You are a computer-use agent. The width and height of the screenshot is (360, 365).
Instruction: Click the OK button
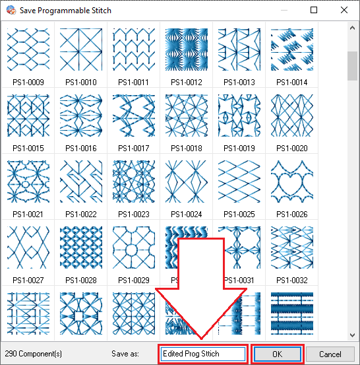coord(278,354)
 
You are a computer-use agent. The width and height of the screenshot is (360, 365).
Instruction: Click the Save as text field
coord(203,354)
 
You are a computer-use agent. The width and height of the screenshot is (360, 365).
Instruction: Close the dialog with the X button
coord(344,10)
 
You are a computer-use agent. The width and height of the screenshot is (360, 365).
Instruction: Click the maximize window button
coord(314,10)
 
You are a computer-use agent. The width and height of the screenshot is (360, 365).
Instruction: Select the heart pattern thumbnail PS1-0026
coord(292,182)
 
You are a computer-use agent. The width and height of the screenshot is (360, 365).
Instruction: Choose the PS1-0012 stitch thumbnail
coord(187,50)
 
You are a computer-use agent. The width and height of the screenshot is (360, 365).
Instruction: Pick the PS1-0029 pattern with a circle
coord(134,248)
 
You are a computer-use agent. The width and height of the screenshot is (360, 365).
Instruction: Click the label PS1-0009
coord(28,82)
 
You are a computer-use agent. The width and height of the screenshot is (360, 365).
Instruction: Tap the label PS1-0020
coord(292,149)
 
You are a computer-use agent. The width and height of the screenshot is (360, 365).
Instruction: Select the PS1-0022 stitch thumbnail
coord(81,182)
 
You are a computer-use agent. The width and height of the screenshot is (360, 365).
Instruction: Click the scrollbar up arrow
coord(352,28)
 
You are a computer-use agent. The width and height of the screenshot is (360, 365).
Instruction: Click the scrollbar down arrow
coord(352,335)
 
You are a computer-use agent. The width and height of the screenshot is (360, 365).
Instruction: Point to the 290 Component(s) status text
coord(33,354)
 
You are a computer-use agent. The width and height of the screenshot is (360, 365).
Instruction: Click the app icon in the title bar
coord(11,10)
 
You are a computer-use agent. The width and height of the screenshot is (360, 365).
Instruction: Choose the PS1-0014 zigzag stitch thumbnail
coord(292,50)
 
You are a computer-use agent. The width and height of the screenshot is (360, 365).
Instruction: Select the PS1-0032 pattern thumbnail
coord(292,248)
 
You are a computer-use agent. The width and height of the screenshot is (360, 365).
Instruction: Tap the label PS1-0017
coord(134,149)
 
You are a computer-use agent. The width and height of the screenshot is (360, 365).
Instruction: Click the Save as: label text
coord(125,354)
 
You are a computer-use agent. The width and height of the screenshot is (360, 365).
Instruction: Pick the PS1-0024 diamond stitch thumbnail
coord(187,182)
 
